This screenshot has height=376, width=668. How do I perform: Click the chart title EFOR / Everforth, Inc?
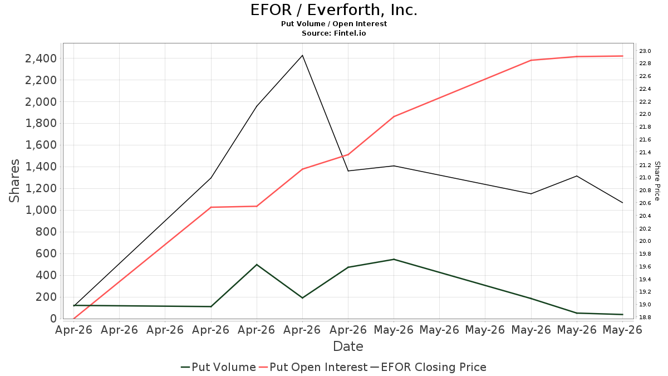(x=333, y=10)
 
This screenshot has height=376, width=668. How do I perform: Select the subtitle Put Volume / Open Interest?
(x=333, y=24)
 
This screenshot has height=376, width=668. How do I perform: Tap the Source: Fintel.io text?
(x=333, y=33)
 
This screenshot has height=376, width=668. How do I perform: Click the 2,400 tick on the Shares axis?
(x=41, y=58)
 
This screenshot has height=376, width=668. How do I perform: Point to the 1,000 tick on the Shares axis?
(x=41, y=211)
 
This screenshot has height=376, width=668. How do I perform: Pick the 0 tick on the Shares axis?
(x=53, y=319)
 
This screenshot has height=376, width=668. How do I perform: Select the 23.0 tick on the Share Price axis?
(x=645, y=51)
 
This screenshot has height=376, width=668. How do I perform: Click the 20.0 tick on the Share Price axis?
(x=645, y=241)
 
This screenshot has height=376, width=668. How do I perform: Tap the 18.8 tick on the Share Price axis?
(x=645, y=317)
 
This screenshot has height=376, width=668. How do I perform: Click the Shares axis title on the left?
(x=14, y=181)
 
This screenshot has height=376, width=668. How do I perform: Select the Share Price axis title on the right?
(x=657, y=181)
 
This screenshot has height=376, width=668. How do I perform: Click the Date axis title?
(x=348, y=346)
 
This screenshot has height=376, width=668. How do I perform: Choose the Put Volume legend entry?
(x=219, y=367)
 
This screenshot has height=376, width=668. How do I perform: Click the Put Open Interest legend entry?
(x=313, y=367)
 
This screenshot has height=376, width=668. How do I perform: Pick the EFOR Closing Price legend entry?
(x=428, y=367)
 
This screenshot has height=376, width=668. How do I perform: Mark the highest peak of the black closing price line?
(x=302, y=55)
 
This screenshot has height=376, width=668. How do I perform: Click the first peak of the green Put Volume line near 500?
(x=257, y=265)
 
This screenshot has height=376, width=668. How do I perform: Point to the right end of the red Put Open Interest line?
(x=623, y=56)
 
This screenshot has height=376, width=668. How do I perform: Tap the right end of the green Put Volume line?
(x=623, y=315)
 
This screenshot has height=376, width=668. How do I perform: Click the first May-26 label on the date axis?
(x=394, y=330)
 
